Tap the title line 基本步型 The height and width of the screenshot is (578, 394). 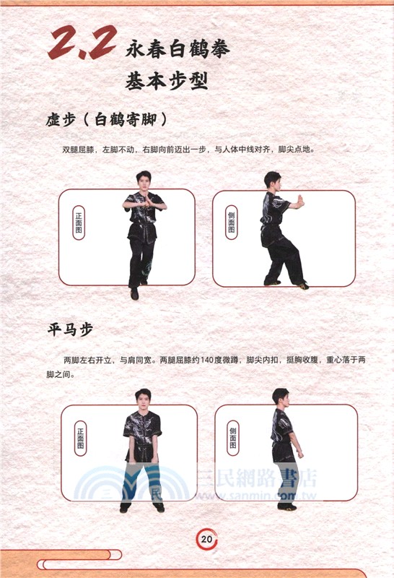point(167,81)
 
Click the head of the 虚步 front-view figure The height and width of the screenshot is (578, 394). point(144,180)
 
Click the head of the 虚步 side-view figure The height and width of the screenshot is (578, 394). point(272,180)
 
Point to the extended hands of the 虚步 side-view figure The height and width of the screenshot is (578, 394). point(297,201)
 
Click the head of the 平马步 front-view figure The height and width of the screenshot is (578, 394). point(142,398)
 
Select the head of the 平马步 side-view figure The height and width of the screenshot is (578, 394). point(280,397)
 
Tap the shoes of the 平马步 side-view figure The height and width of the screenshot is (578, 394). point(286,506)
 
